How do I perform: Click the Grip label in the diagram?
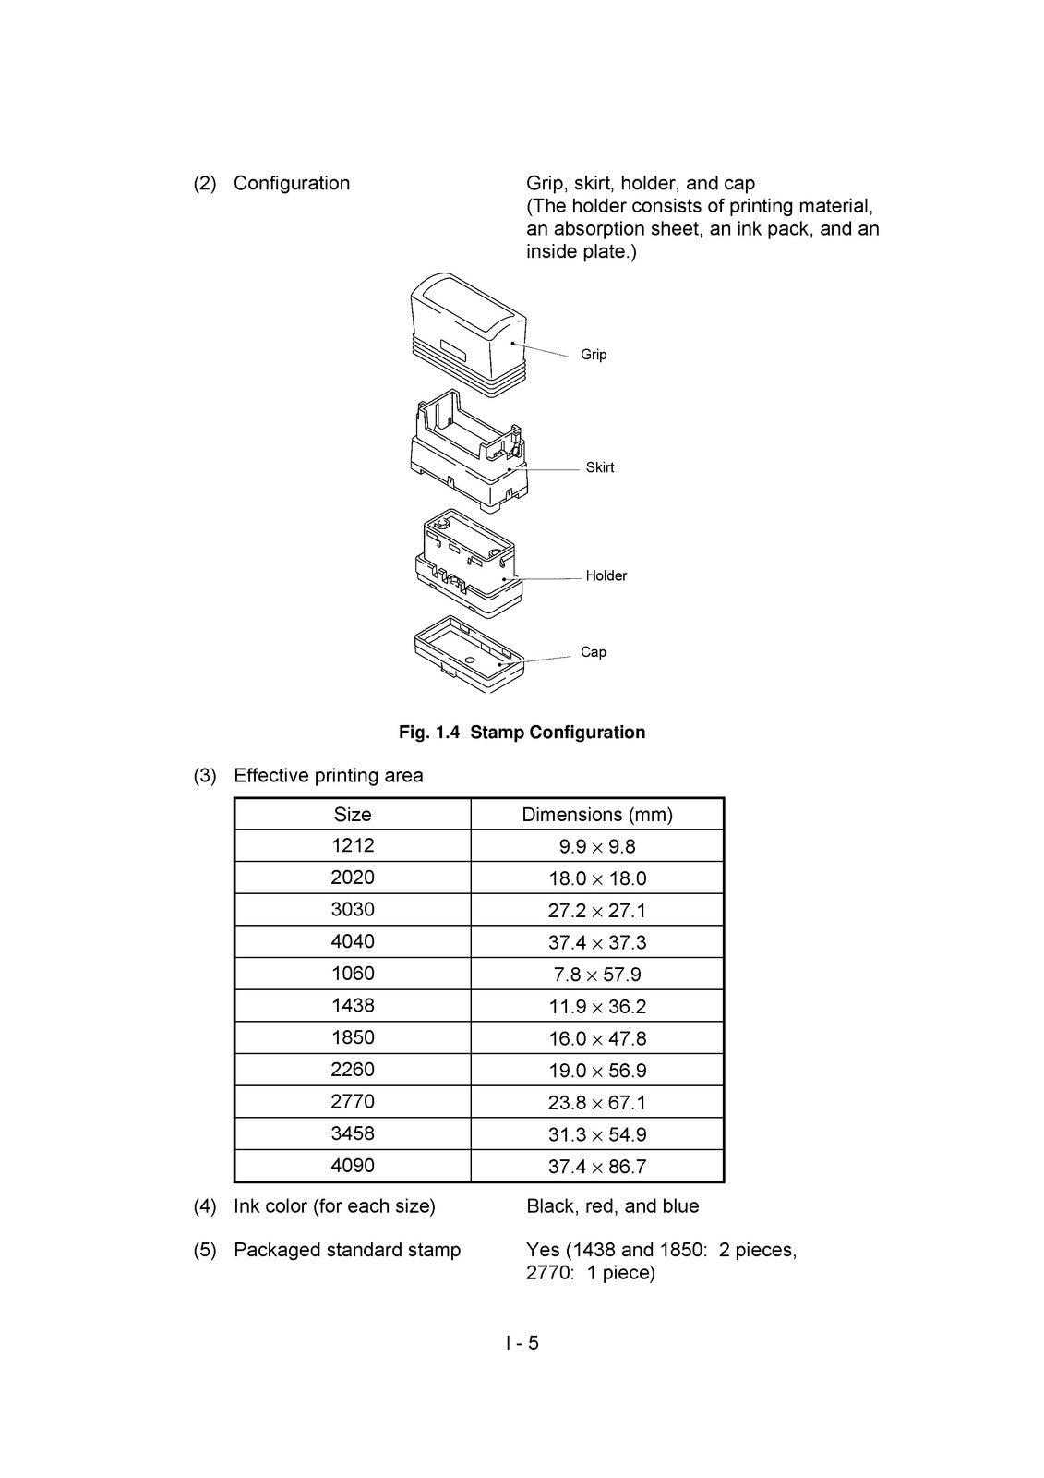click(593, 355)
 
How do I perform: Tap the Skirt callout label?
click(599, 467)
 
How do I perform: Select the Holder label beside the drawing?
click(606, 575)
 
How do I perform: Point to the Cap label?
click(593, 652)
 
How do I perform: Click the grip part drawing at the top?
click(468, 334)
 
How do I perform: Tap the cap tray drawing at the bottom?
click(469, 654)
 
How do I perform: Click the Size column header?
click(353, 814)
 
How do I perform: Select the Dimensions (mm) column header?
click(597, 815)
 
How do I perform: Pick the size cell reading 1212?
click(353, 845)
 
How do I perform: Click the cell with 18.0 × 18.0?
click(597, 878)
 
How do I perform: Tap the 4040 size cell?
click(353, 941)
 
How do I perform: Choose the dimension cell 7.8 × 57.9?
click(597, 975)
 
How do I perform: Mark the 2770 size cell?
click(353, 1101)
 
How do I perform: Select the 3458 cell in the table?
click(353, 1133)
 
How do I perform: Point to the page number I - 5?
click(522, 1343)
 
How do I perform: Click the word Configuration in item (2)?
click(292, 184)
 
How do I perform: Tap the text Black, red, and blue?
click(612, 1206)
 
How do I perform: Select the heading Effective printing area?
click(329, 775)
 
